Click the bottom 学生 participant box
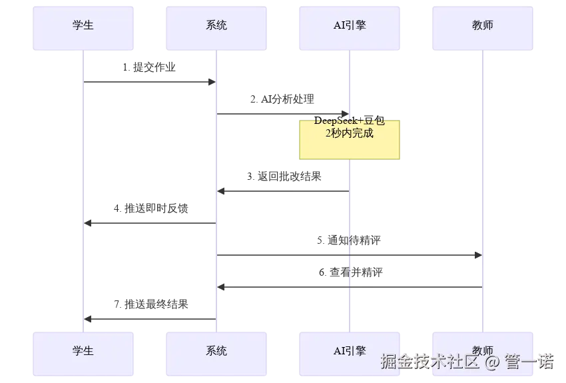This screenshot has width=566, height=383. pyautogui.click(x=85, y=350)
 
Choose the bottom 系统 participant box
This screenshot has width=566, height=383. pyautogui.click(x=218, y=350)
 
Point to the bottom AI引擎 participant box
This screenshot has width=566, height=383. pyautogui.click(x=351, y=350)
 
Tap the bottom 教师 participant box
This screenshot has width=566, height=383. pyautogui.click(x=484, y=350)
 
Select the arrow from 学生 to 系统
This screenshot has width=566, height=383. pyautogui.click(x=149, y=82)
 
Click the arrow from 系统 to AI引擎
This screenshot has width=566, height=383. pyautogui.click(x=282, y=114)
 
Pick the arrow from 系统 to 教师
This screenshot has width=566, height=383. pyautogui.click(x=349, y=253)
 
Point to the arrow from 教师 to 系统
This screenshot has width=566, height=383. pyautogui.click(x=349, y=285)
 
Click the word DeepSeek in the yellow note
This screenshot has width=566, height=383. pyautogui.click(x=336, y=121)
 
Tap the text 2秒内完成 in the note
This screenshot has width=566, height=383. pyautogui.click(x=350, y=133)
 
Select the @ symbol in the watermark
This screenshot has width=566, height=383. pyautogui.click(x=491, y=362)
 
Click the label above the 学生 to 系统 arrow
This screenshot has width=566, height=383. pyautogui.click(x=149, y=66)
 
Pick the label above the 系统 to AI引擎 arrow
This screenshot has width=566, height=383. pyautogui.click(x=282, y=99)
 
